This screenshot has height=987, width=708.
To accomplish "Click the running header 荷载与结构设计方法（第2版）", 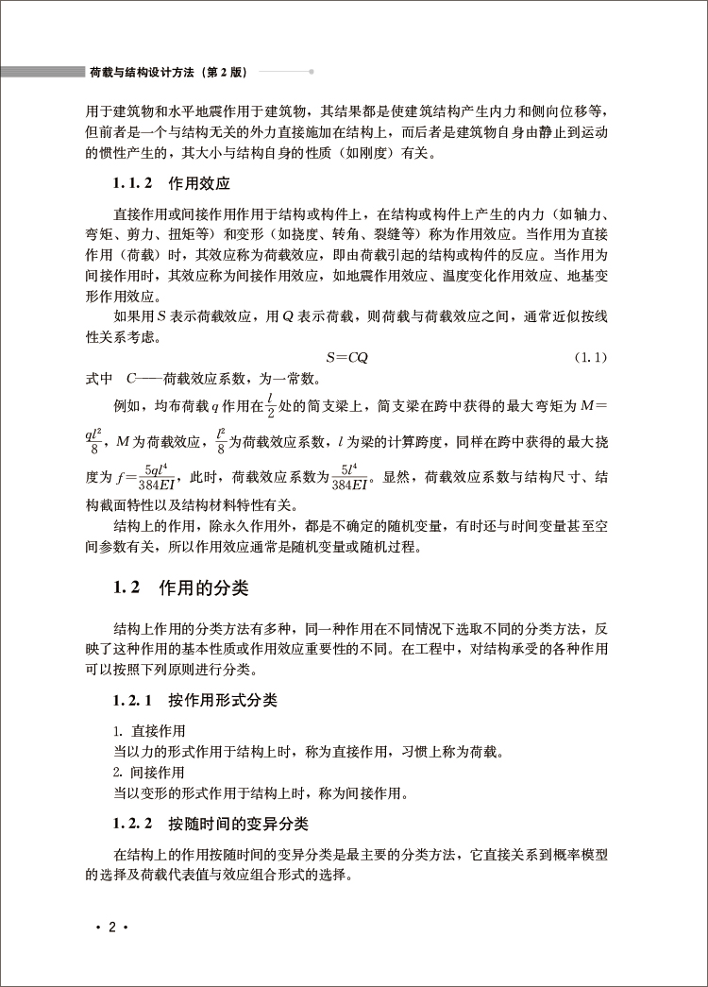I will pos(168,71).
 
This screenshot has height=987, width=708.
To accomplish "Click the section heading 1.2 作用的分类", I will pos(180,588).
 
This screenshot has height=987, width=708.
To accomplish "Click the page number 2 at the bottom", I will pos(111,928).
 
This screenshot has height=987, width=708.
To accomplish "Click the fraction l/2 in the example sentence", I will pos(269,406).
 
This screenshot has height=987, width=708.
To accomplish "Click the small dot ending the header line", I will pos(312,71).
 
